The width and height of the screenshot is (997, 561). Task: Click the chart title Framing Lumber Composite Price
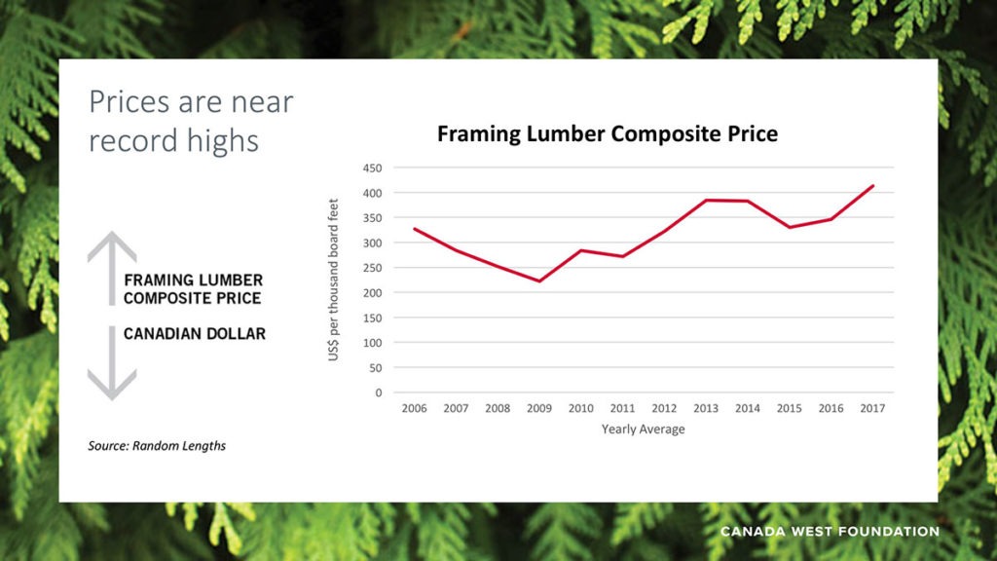[607, 133]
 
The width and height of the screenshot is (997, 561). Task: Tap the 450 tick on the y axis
[372, 168]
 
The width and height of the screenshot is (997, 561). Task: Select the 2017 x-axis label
[872, 409]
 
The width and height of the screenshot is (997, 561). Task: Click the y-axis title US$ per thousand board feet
[334, 280]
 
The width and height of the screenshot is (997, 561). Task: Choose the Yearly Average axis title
[643, 430]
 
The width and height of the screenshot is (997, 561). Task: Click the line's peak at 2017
[872, 186]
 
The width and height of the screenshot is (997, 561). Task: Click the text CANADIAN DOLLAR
[194, 334]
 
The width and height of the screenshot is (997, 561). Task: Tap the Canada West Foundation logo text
[830, 532]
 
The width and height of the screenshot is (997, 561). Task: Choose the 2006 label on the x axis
[415, 409]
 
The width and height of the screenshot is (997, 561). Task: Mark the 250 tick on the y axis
[372, 268]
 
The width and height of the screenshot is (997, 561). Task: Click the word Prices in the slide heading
[132, 101]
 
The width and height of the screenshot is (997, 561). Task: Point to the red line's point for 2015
[789, 227]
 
